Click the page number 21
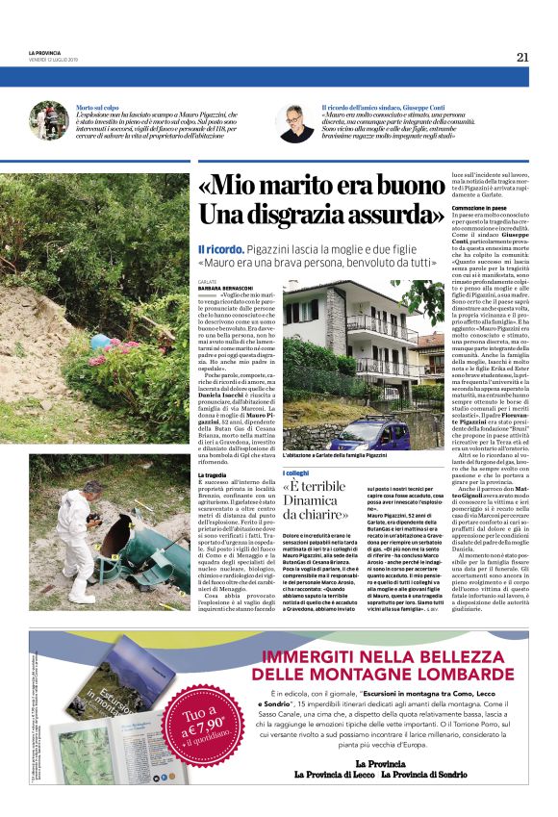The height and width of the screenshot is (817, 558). click(522, 57)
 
